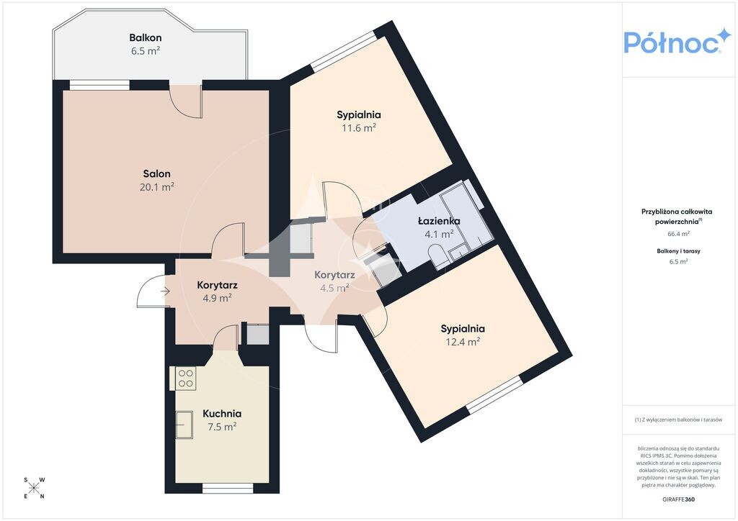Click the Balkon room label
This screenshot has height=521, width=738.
point(146,37)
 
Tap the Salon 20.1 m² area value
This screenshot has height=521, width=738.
point(156,187)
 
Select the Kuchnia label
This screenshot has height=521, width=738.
point(222,413)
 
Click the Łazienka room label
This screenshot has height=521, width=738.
point(439,221)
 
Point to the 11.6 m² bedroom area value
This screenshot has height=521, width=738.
point(359,128)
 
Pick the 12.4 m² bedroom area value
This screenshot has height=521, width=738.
point(463,342)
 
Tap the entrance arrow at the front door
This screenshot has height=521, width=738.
point(165,291)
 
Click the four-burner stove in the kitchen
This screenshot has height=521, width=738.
point(186,379)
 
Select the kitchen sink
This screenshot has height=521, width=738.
point(184,425)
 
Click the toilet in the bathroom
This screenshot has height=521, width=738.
point(437,258)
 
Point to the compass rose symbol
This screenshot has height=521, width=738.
point(35,488)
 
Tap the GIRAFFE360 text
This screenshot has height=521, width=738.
point(678,499)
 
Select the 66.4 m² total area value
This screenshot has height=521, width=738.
point(679,233)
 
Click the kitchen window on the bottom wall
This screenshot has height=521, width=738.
point(228,489)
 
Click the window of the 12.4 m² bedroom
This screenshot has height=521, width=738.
point(495,395)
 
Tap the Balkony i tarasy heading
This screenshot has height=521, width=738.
point(678,251)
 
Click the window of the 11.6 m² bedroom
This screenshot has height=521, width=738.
point(344,52)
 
